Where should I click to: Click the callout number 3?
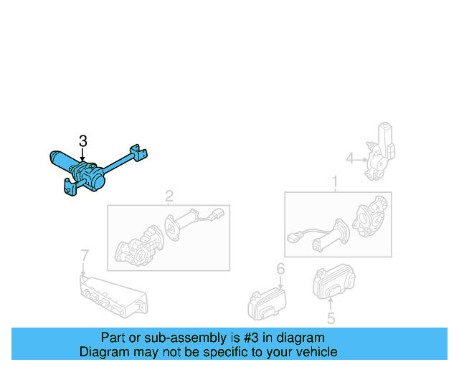coord(83,140)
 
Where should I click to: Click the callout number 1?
coord(334,183)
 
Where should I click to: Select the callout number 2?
coord(169,196)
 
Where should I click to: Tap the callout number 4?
coord(350,158)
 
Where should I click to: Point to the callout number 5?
coord(331,318)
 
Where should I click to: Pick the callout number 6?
coord(280,270)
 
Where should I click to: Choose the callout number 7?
coord(84,255)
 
